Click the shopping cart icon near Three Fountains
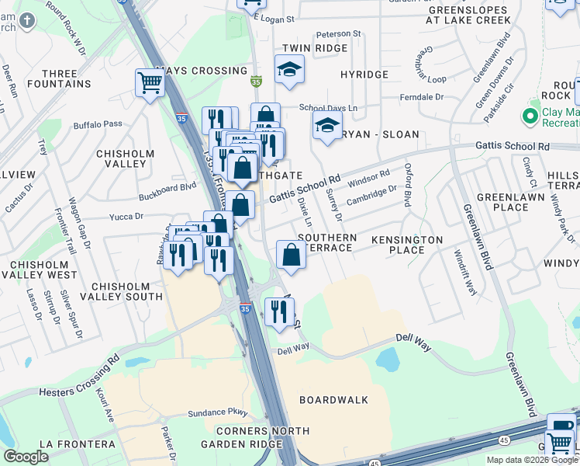coord(150,82)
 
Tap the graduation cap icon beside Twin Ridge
coord(289,69)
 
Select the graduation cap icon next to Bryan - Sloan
coord(327,124)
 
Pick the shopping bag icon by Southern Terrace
coord(291,255)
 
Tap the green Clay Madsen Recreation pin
coord(530,116)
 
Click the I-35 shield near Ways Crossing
coord(256,80)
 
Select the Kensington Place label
coord(406,245)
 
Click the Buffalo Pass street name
coord(98,124)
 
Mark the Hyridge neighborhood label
coord(364,75)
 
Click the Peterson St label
coord(339,34)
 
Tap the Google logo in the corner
coord(26,457)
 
